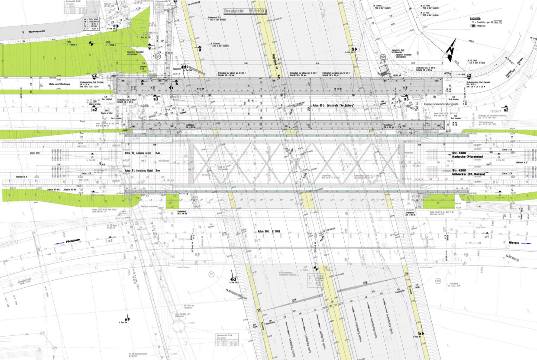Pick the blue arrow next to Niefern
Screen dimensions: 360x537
point(526,243)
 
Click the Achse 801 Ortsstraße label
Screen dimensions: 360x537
point(332,106)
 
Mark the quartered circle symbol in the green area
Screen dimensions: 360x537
point(91,43)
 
